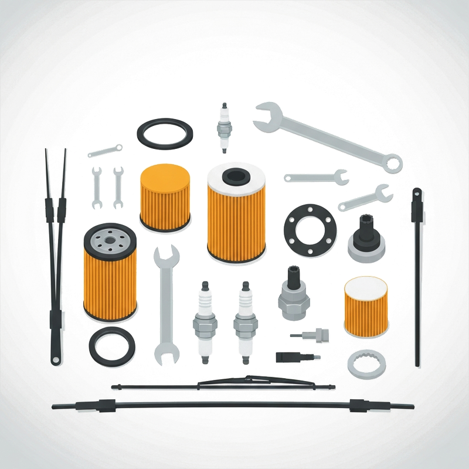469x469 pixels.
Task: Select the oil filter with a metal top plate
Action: [x=110, y=273]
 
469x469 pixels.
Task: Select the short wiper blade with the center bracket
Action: [x=223, y=385]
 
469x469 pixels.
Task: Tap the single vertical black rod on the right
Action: [x=417, y=276]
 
